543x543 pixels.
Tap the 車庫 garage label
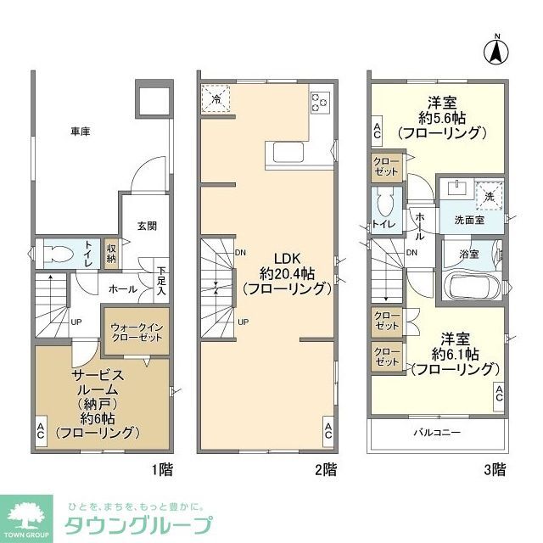pos(80,132)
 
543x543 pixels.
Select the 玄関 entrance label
pos(147,226)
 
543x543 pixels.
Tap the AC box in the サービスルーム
pos(41,431)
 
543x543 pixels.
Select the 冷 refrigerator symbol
pos(216,98)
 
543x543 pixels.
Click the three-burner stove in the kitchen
pos(321,102)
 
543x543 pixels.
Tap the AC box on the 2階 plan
pos(328,431)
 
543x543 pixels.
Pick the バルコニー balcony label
pos(437,432)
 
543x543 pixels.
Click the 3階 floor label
pos(496,467)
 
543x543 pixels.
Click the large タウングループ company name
pos(139,524)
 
